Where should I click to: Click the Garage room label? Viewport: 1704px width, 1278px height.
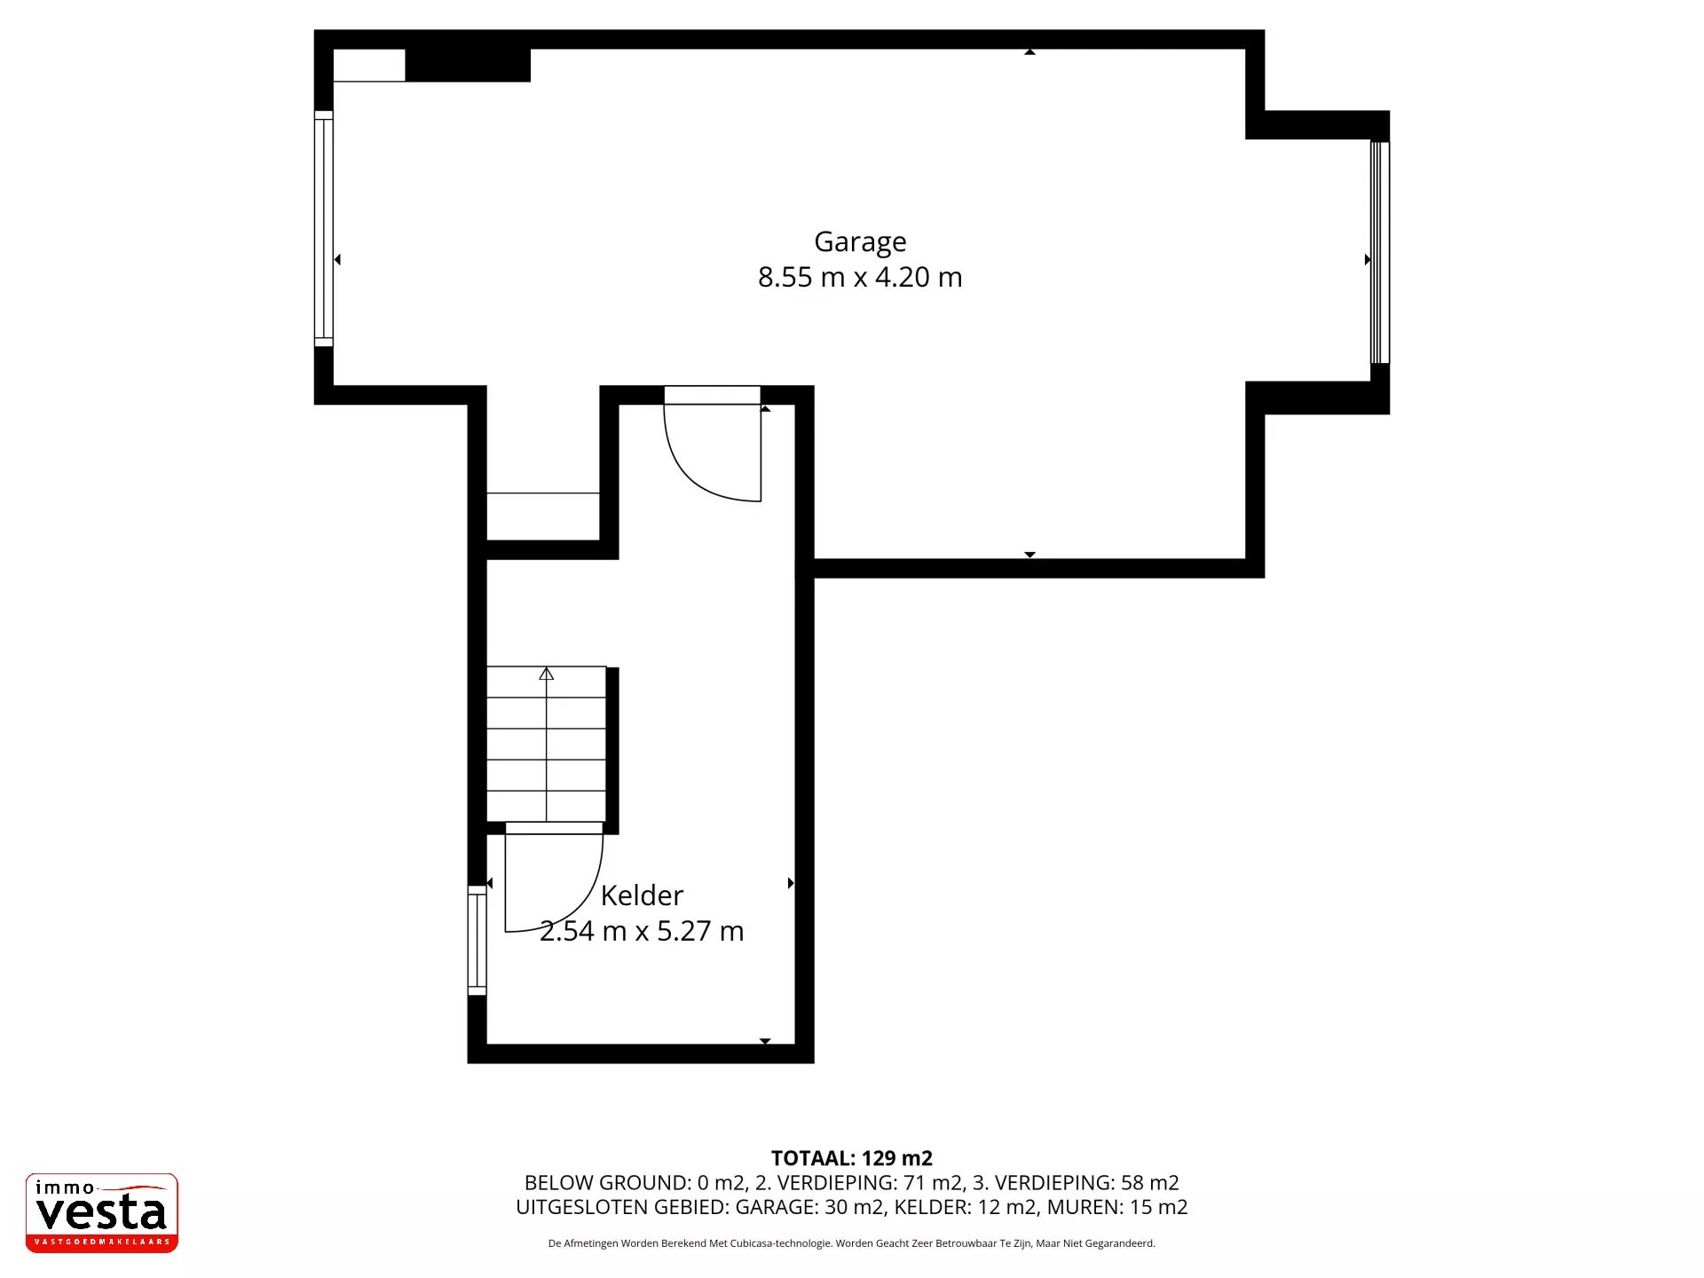click(x=860, y=242)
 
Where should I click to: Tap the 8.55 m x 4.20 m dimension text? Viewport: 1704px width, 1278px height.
click(x=860, y=277)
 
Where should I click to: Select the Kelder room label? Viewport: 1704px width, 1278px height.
click(x=642, y=895)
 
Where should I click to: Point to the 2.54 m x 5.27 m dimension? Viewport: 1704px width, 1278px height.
click(x=642, y=931)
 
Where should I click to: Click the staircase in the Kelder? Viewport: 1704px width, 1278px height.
click(x=547, y=744)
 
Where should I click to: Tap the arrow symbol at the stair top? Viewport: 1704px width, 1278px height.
click(x=547, y=674)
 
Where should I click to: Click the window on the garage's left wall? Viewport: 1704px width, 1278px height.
click(x=324, y=229)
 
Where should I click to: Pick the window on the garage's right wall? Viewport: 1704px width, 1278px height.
click(x=1379, y=252)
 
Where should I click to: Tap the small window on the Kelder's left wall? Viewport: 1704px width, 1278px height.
click(x=477, y=940)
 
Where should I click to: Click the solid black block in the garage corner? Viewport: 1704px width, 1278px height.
click(x=468, y=65)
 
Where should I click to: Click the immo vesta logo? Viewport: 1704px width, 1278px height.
click(x=102, y=1212)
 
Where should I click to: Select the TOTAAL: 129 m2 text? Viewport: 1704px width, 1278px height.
click(x=852, y=1158)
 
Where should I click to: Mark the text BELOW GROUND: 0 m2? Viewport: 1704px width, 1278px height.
click(x=634, y=1183)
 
